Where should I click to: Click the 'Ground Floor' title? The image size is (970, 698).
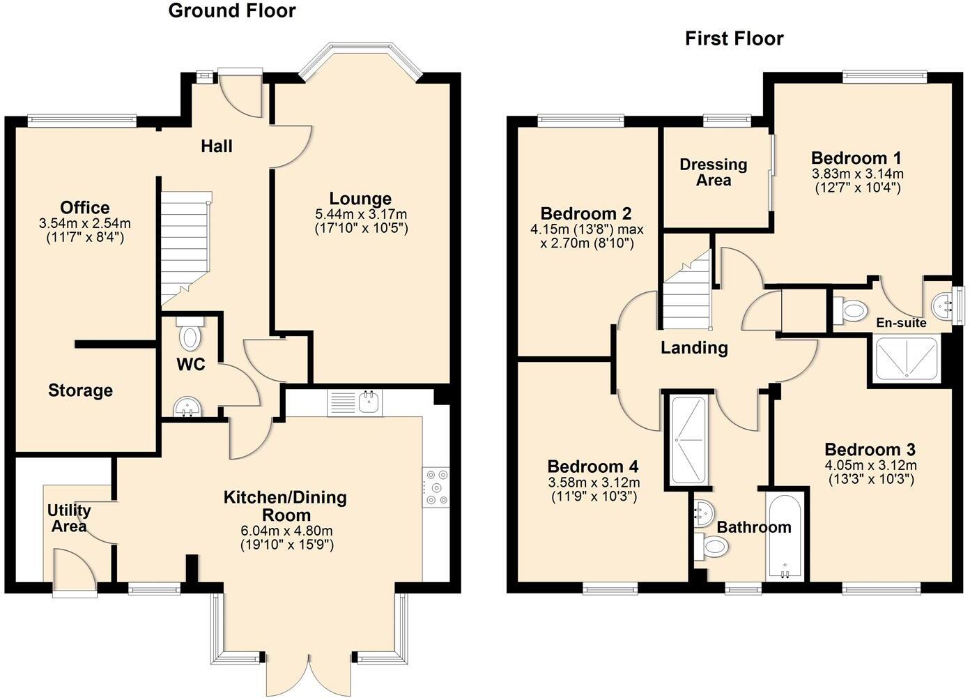pos(231,11)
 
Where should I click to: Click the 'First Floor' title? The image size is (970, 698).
pos(734,38)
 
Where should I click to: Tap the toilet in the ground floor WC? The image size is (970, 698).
pos(189,334)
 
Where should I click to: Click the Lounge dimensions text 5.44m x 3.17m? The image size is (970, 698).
pos(360,214)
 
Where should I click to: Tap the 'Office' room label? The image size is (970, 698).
pos(84,208)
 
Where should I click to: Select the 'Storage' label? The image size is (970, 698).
pos(80,390)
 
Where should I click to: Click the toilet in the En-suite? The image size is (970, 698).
pos(849,309)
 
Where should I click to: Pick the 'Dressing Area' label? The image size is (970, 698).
pos(713,172)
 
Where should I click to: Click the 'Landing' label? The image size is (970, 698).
pos(694,347)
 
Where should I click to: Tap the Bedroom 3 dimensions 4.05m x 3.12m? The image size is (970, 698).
pos(870,466)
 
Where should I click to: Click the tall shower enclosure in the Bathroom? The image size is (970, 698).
pos(687,440)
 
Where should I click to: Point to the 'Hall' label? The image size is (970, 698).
pos(216,146)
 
